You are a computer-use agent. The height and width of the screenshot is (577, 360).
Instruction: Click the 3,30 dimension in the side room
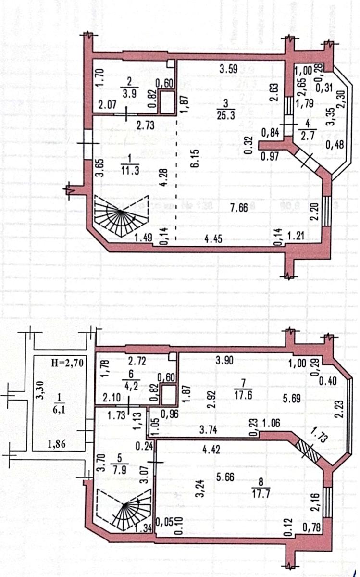pyautogui.click(x=42, y=394)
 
